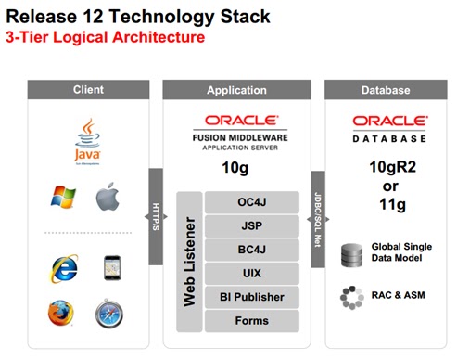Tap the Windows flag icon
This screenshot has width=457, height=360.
click(x=64, y=198)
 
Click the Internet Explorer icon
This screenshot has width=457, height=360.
click(x=64, y=267)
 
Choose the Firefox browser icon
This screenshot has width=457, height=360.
click(x=63, y=314)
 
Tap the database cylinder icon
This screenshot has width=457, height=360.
click(x=351, y=251)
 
